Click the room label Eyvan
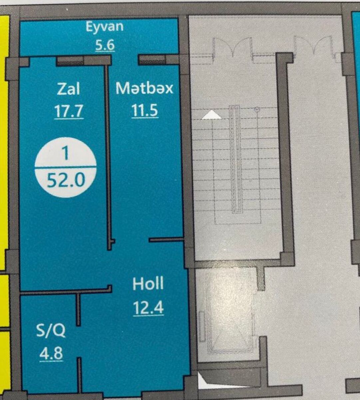[105, 27]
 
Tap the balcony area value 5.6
[105, 45]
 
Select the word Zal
[68, 89]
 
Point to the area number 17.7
[68, 111]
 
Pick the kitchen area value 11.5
[145, 110]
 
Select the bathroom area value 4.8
[51, 354]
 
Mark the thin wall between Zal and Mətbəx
[108, 158]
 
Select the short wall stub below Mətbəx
[167, 239]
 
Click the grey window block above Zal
[70, 61]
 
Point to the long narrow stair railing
[234, 159]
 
